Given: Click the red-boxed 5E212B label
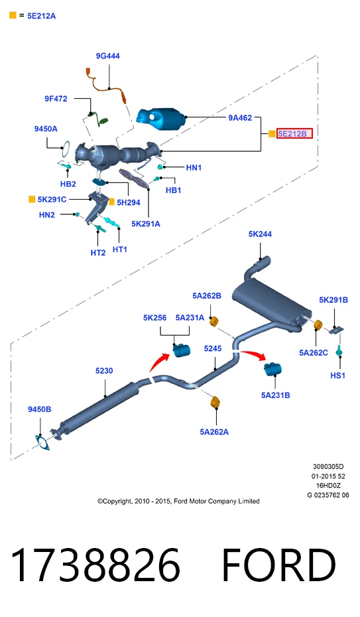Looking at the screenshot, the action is [x=295, y=134].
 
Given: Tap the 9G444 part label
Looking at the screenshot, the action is [x=107, y=56].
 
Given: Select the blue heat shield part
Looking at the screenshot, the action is [x=161, y=117].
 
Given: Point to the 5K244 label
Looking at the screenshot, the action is [x=260, y=234].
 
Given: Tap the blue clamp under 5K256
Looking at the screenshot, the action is [x=181, y=350].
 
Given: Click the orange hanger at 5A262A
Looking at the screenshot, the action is [x=215, y=402].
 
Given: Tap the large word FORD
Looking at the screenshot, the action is [x=278, y=565].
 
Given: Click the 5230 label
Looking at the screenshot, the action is [x=104, y=371].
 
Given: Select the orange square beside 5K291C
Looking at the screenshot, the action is [x=32, y=199].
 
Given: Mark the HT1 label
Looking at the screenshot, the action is [x=120, y=249].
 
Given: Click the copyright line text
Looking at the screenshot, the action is [x=178, y=502].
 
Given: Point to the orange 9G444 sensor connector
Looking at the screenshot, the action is [x=88, y=74].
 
